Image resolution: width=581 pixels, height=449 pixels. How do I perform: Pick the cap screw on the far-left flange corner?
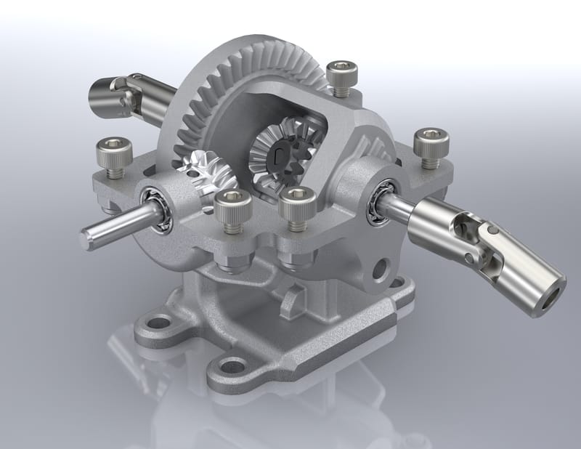tap(112, 156)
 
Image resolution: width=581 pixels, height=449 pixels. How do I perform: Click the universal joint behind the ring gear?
tap(116, 94)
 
